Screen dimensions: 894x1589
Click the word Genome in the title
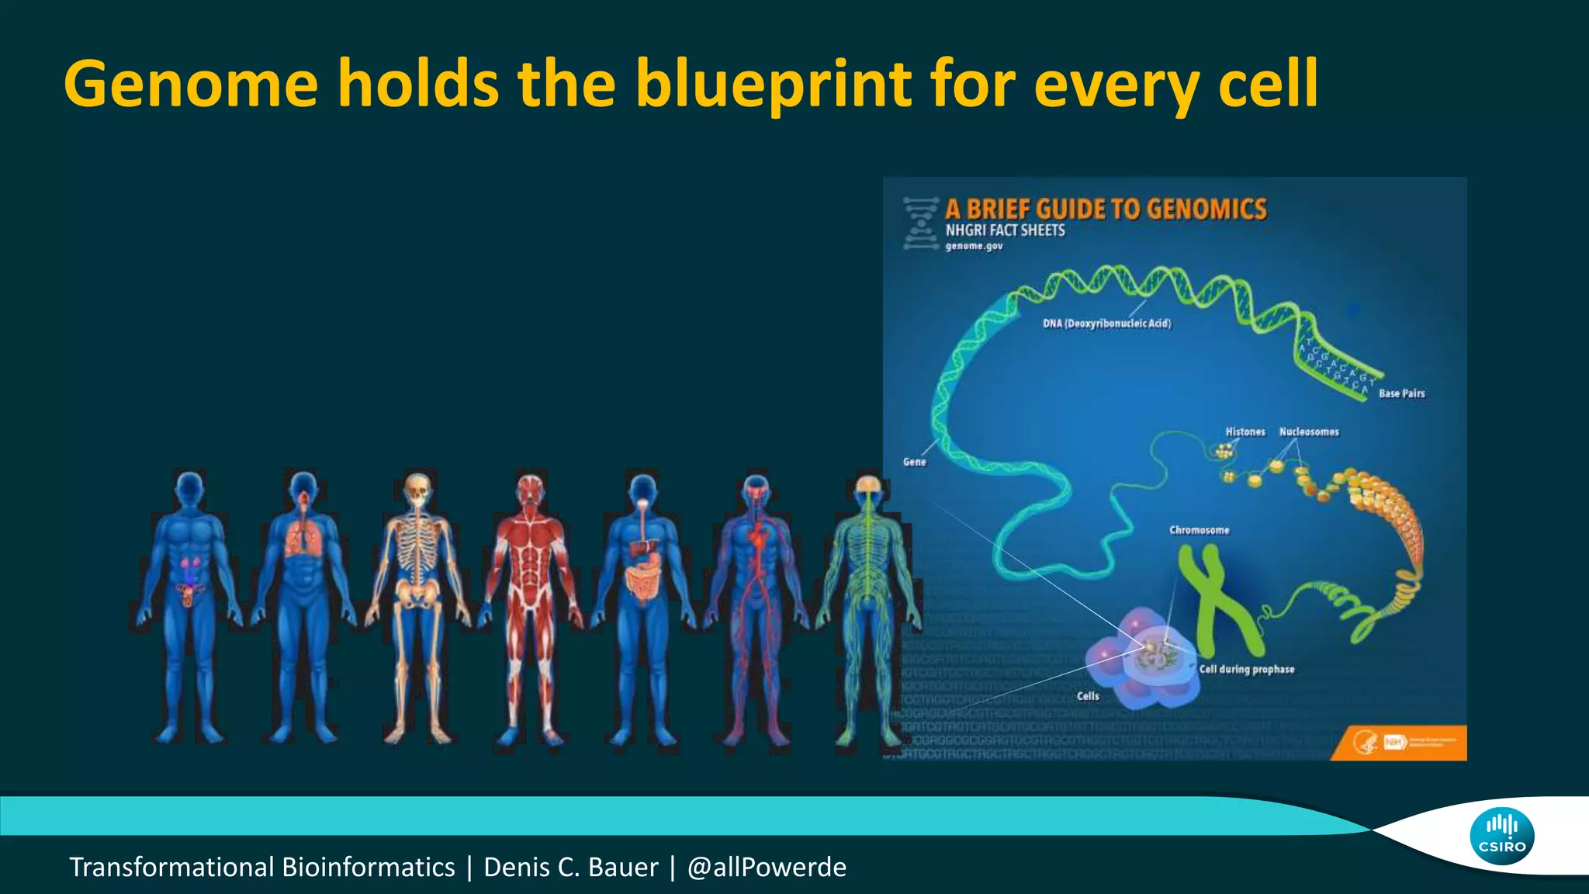[x=191, y=84]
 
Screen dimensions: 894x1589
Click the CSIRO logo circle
[x=1501, y=836]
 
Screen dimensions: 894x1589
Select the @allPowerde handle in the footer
[x=767, y=867]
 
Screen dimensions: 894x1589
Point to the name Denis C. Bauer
[x=570, y=867]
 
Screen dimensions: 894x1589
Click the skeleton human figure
[x=417, y=605]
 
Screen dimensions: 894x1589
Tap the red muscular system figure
[x=531, y=605]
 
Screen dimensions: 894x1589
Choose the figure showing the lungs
[x=303, y=605]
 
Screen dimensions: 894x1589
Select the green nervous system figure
[x=867, y=605]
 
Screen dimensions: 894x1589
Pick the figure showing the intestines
[x=643, y=605]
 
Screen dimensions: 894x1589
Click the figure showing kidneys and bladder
[x=189, y=605]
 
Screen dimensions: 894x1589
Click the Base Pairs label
[x=1401, y=393]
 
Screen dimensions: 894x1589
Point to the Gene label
[x=914, y=462]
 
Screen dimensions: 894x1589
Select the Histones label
[x=1245, y=431]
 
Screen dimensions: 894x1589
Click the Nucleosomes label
[x=1309, y=431]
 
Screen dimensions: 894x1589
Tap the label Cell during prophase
[x=1247, y=669]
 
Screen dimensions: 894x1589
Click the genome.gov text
[x=974, y=246]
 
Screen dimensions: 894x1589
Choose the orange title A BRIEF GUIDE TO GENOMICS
[x=1106, y=209]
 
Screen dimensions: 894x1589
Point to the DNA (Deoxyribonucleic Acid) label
[x=1106, y=324]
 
